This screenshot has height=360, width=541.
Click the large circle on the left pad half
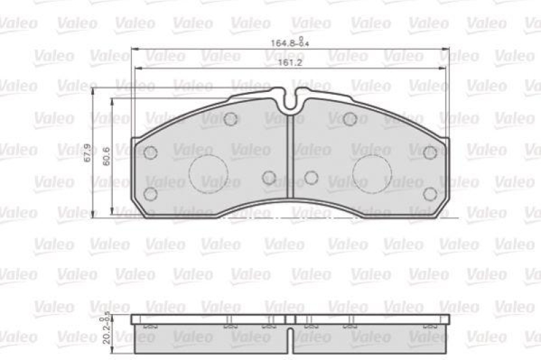(208, 174)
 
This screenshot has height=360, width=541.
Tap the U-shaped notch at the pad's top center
(291, 102)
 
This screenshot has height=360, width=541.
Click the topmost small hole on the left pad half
(231, 119)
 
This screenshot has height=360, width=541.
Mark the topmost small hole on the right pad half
(350, 119)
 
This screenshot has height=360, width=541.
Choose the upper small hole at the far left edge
(151, 153)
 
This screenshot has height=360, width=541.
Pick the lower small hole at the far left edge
(151, 194)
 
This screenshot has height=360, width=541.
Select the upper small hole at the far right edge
(430, 153)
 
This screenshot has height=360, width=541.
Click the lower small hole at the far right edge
(430, 194)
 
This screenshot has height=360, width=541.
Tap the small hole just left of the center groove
(269, 177)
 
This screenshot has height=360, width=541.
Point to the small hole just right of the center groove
(311, 177)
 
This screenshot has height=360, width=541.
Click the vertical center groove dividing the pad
(290, 162)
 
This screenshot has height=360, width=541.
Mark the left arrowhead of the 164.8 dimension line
(133, 49)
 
